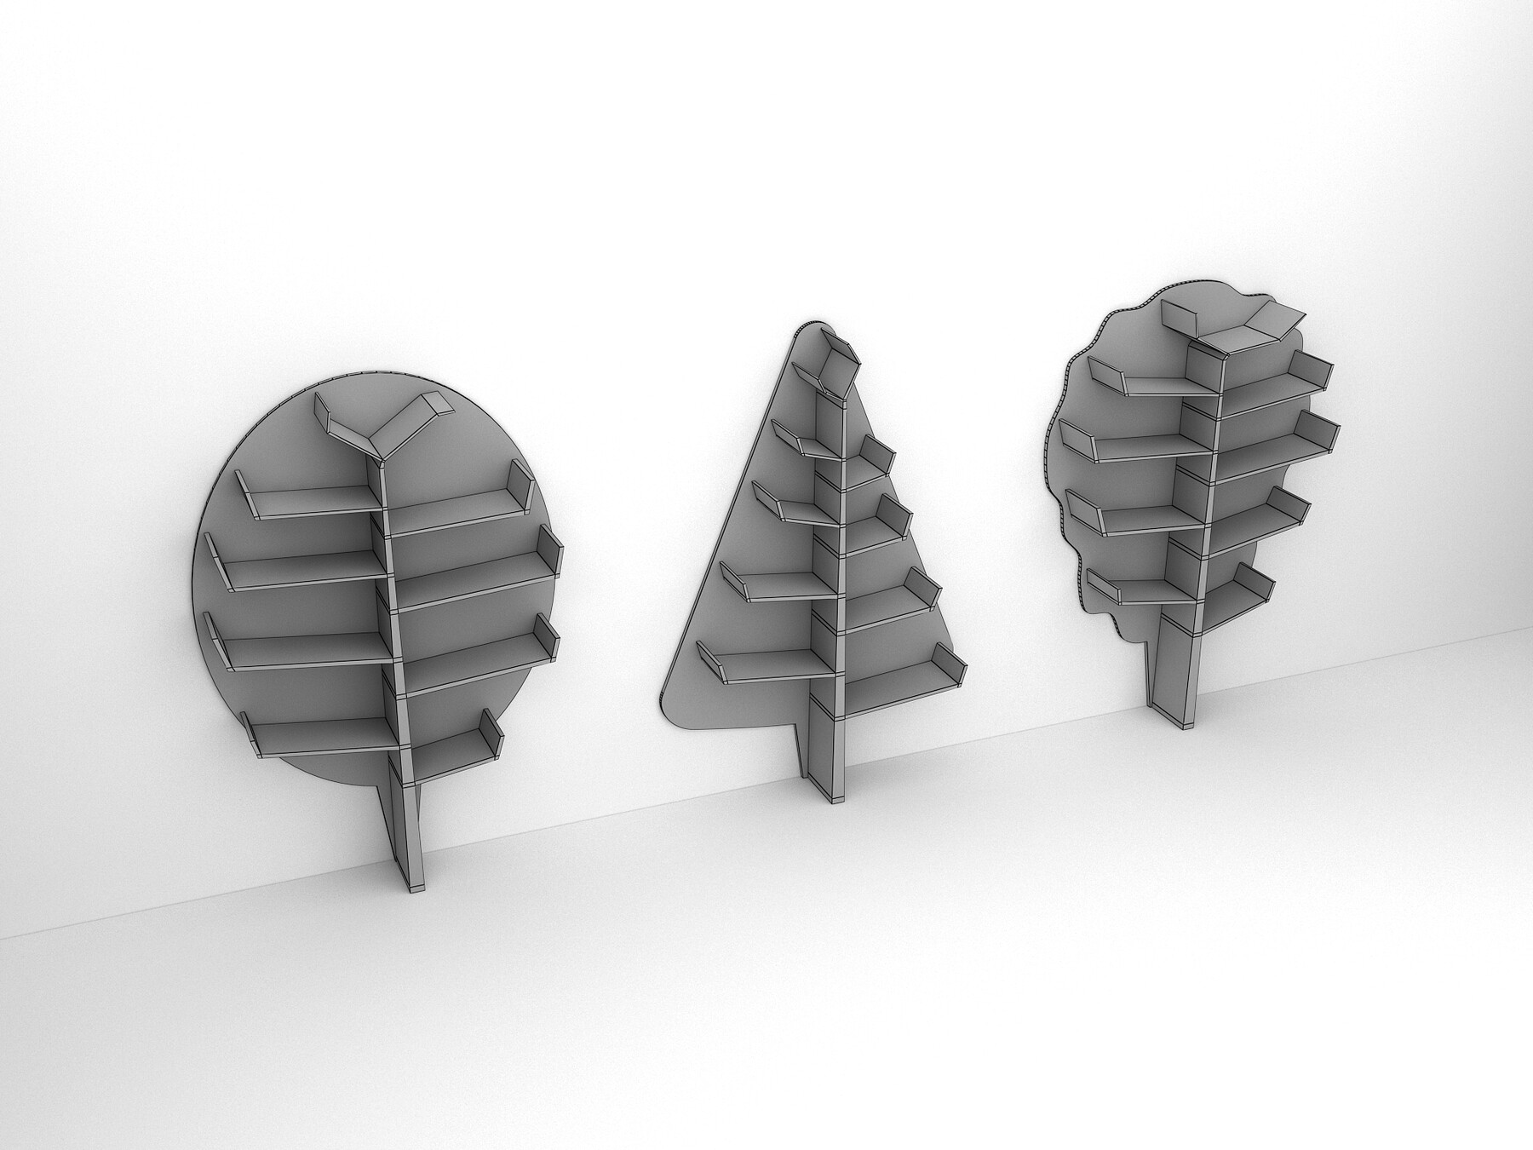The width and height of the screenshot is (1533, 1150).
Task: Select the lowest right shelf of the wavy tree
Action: point(1235,596)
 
